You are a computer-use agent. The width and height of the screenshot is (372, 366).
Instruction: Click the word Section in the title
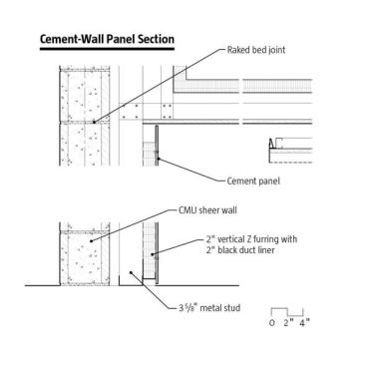point(156,39)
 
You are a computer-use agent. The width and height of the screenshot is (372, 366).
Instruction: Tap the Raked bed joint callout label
point(256,50)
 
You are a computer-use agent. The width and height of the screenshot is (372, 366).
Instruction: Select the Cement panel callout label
point(253,182)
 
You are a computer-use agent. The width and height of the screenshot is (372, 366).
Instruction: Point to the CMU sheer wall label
point(207,210)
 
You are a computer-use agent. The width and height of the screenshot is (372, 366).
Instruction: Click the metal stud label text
point(209,308)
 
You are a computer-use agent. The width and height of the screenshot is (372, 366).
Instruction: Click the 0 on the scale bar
point(272,323)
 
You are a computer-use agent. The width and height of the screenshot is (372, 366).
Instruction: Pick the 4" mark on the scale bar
point(304,322)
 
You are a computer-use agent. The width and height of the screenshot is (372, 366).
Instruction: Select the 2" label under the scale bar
point(288,322)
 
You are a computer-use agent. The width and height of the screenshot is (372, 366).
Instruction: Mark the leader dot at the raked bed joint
point(94,122)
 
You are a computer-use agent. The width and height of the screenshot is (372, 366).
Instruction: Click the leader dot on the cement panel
point(159,159)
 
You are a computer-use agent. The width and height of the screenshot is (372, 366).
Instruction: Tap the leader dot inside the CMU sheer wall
point(91,240)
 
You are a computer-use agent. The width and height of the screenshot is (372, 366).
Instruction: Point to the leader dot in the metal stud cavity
point(131,272)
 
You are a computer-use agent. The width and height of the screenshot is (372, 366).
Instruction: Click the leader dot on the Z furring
point(152,254)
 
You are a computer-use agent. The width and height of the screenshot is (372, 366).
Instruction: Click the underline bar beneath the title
point(107,49)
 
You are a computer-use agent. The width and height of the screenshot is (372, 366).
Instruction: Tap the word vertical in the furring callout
point(232,239)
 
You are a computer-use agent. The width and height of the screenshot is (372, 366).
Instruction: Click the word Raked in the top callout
point(237,50)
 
